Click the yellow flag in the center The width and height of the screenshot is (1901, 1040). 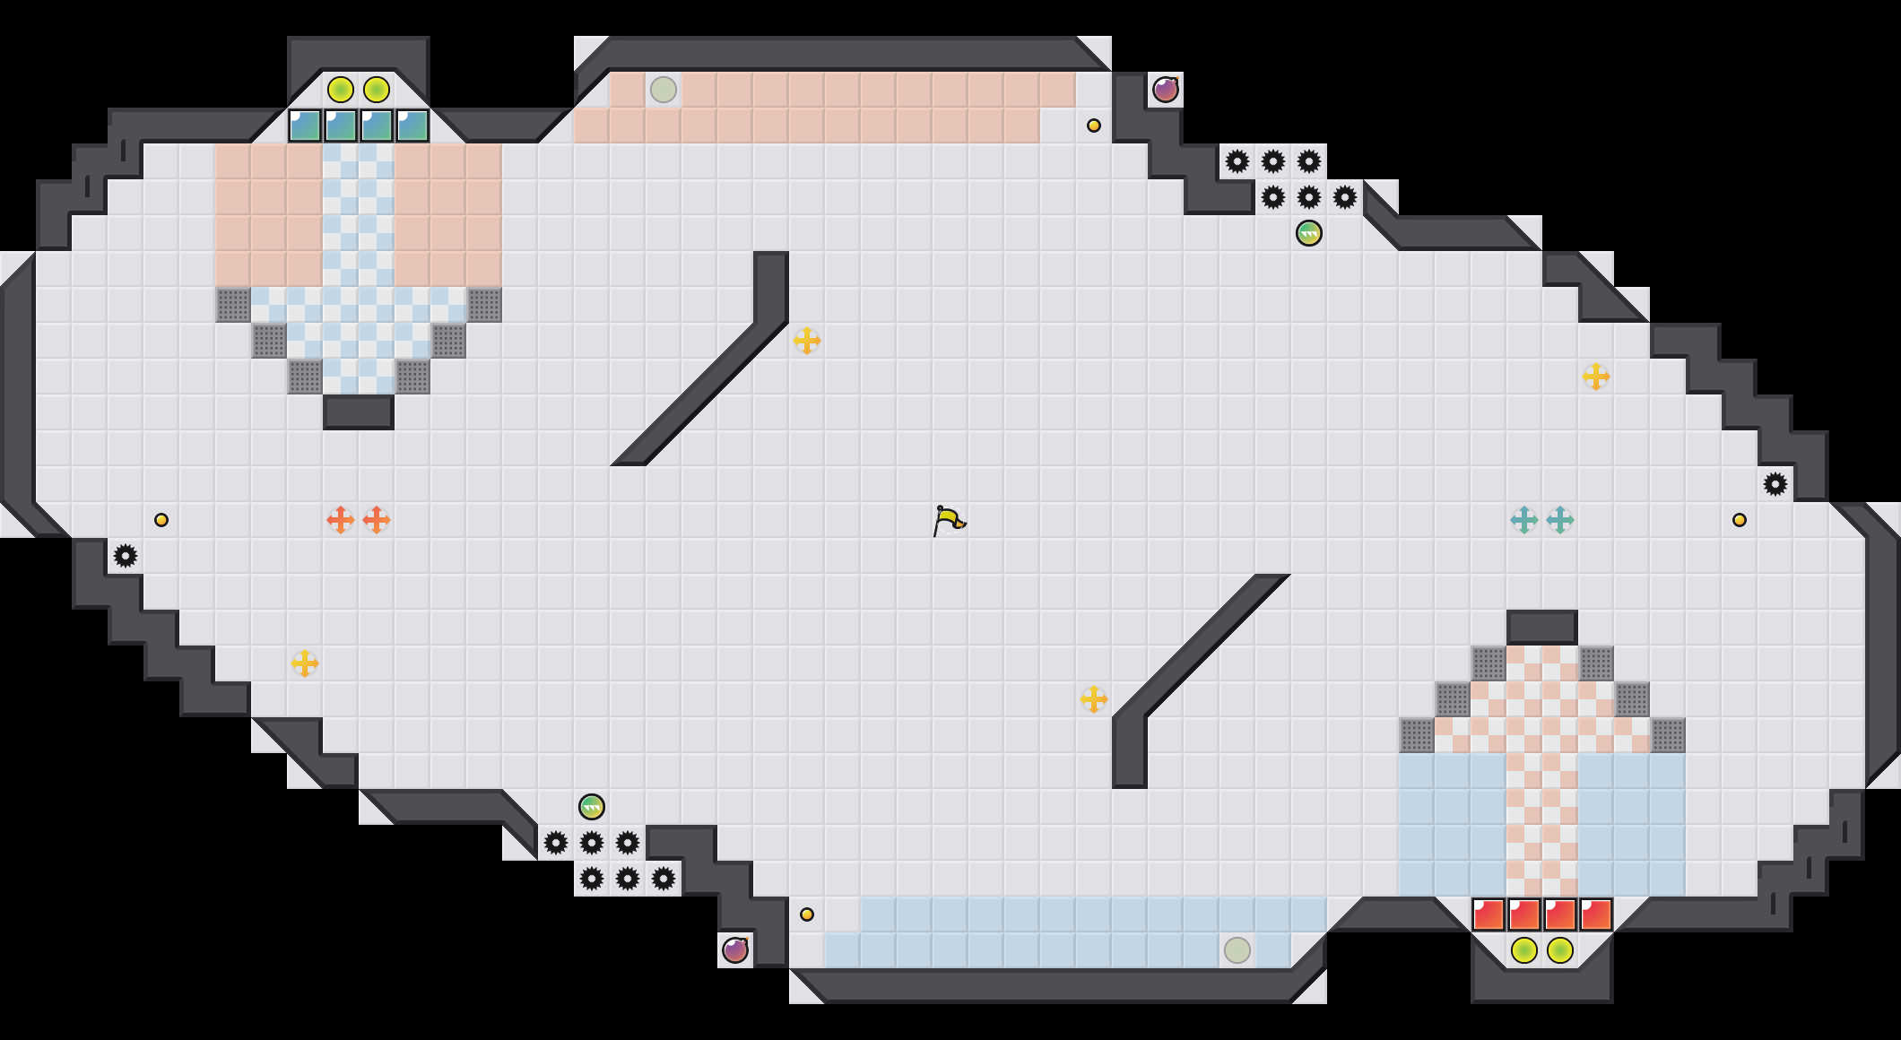point(949,520)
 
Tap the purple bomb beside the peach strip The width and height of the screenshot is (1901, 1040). point(1165,90)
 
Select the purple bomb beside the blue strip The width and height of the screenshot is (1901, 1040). point(735,949)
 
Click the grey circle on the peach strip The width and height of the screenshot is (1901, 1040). point(664,90)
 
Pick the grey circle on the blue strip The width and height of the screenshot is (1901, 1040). point(1237,949)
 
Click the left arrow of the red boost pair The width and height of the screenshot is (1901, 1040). point(341,520)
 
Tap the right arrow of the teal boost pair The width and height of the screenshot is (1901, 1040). point(1560,520)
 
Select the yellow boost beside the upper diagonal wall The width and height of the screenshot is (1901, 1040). point(807,341)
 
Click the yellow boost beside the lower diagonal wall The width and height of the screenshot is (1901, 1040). point(1094,699)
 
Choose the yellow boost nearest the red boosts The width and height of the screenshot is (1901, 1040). point(305,663)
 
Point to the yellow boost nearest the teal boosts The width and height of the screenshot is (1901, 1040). point(1596,377)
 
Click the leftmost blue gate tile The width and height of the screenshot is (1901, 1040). point(305,126)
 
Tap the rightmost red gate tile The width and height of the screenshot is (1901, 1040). point(1596,914)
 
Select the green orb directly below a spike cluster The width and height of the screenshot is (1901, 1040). point(1309,233)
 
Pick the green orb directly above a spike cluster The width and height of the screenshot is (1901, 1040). point(592,807)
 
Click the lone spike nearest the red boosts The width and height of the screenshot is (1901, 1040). point(126,556)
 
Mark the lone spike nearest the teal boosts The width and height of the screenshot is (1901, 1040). point(1775,484)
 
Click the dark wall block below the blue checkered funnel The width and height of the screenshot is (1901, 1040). point(359,412)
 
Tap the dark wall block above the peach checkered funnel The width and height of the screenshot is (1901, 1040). point(1542,628)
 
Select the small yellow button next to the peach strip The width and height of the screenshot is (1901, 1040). point(1094,126)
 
